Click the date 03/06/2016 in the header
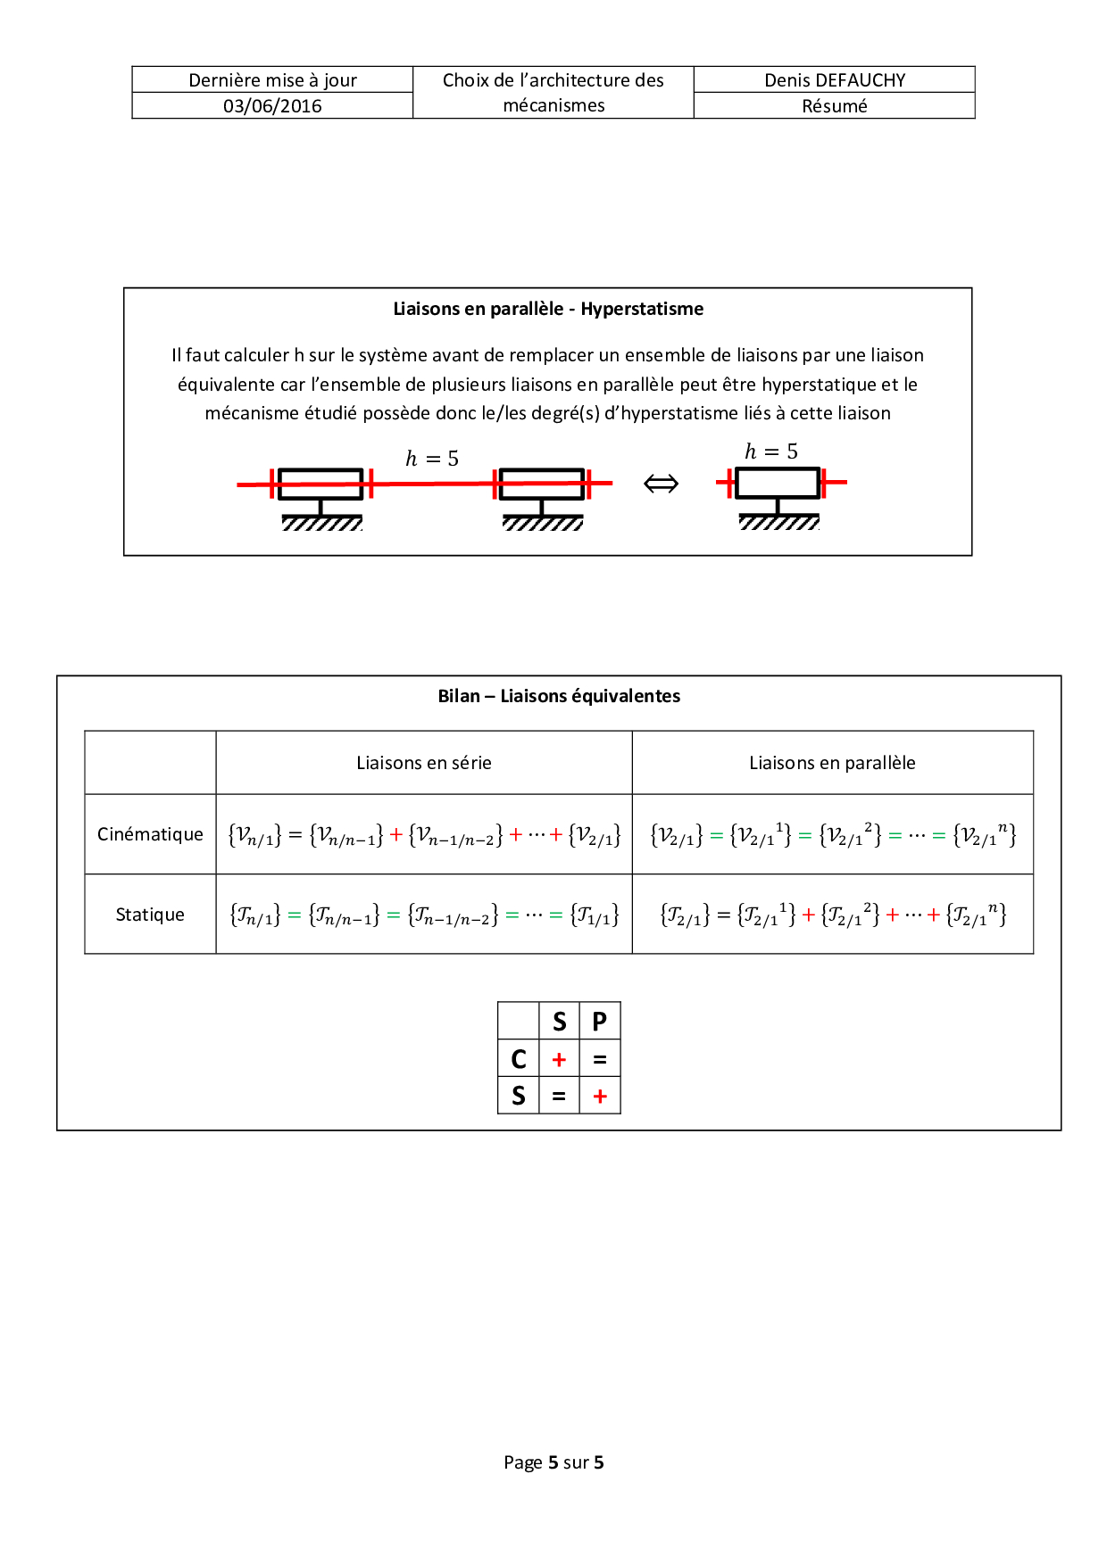pos(272,106)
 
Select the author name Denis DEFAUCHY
pos(835,80)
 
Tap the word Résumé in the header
pos(835,106)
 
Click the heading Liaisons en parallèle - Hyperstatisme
pos(548,309)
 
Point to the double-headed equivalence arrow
pos(661,484)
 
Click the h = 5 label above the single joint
pos(771,451)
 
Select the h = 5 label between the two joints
pos(432,459)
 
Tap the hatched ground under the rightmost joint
pos(778,522)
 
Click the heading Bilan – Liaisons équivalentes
pos(559,696)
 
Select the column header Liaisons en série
pos(424,763)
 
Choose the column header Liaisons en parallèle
pos(832,763)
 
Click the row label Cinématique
pos(150,834)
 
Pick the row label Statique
pos(150,915)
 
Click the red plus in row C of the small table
pos(559,1059)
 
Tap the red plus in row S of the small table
pos(600,1096)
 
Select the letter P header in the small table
pos(600,1022)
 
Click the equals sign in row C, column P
pos(600,1059)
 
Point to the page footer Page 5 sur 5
pos(553,1462)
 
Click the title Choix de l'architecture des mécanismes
pos(553,93)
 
